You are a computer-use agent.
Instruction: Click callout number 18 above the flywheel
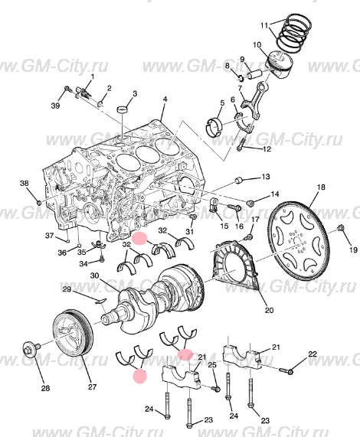[x=321, y=187]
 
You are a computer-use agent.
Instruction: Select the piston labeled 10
[x=280, y=64]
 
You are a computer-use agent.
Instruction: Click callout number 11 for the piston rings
[x=264, y=25]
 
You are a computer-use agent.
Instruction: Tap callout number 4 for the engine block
[x=165, y=99]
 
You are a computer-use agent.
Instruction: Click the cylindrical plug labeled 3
[x=123, y=109]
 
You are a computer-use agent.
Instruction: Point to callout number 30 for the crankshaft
[x=95, y=276]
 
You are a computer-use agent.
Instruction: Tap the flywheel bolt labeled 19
[x=340, y=228]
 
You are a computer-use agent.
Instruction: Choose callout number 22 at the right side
[x=313, y=354]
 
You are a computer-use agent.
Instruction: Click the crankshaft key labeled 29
[x=100, y=301]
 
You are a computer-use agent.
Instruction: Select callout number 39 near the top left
[x=55, y=106]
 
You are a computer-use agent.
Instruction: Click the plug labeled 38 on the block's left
[x=39, y=201]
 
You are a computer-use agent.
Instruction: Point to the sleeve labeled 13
[x=240, y=181]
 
